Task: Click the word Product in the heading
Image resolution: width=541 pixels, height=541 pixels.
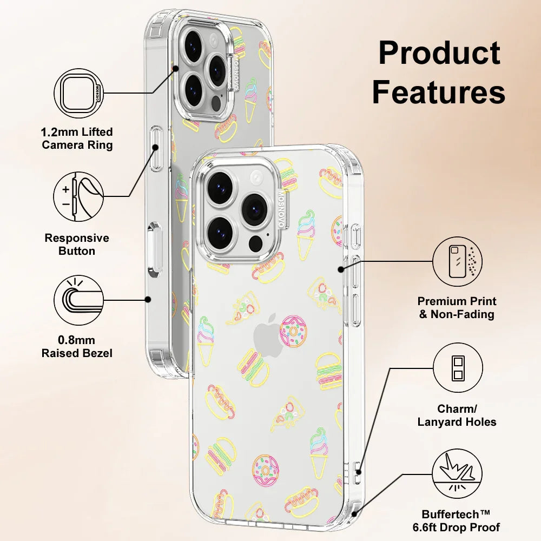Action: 439,54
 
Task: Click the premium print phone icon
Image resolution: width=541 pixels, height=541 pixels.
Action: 458,261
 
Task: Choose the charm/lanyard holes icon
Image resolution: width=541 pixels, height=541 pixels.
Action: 458,370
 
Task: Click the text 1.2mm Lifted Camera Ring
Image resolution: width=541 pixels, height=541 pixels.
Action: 77,138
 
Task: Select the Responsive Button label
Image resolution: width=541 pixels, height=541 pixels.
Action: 77,245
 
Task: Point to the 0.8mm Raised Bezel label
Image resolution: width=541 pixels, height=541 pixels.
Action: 77,347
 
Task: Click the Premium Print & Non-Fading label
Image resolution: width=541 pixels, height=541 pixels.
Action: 457,308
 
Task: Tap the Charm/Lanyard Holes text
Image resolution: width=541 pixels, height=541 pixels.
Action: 457,415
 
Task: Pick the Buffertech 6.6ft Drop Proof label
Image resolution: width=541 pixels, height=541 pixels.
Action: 460,521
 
